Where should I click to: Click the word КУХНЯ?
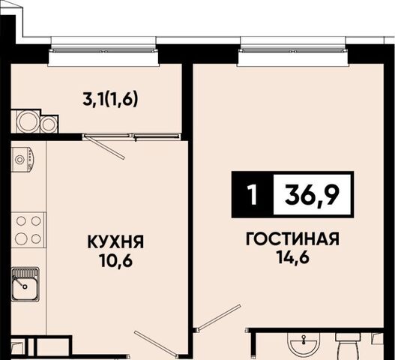115,241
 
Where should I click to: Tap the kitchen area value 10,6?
115,260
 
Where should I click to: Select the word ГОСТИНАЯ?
292,239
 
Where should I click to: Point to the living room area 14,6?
292,257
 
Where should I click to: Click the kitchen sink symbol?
25,284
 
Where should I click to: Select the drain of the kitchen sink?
25,286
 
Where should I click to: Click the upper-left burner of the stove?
21,221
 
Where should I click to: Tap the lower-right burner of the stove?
36,238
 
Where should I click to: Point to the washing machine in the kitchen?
22,160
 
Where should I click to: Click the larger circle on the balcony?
28,121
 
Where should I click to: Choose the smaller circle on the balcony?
49,124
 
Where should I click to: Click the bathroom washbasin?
304,346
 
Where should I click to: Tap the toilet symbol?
348,347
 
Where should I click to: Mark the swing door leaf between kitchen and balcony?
104,148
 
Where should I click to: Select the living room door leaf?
219,316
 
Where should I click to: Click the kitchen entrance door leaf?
156,343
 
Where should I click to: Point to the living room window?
294,51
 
